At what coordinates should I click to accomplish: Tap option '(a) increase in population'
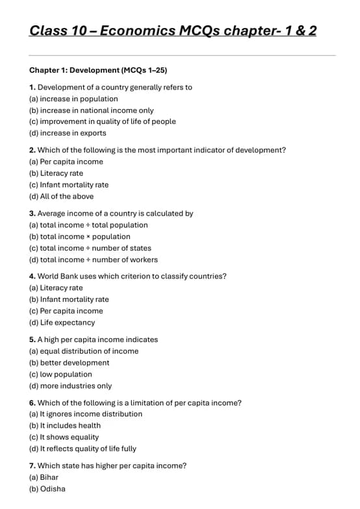73,99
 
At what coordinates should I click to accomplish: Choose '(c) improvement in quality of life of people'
102,121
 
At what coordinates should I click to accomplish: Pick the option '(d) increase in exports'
68,133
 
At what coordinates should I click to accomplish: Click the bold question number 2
32,150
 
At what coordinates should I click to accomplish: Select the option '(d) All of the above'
61,196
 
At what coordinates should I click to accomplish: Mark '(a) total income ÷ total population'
88,225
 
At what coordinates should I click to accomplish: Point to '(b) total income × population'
79,236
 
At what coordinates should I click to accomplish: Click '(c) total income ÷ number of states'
90,248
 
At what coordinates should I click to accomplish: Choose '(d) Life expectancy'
62,322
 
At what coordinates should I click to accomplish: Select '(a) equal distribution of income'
84,351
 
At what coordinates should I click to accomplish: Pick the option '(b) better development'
69,363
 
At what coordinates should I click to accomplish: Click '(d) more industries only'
70,386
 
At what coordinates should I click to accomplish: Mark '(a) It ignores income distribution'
86,414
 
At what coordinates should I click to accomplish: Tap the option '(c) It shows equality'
64,437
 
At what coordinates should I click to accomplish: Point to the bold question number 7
32,466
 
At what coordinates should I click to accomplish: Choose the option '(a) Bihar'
44,477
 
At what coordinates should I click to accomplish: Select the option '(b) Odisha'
47,489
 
